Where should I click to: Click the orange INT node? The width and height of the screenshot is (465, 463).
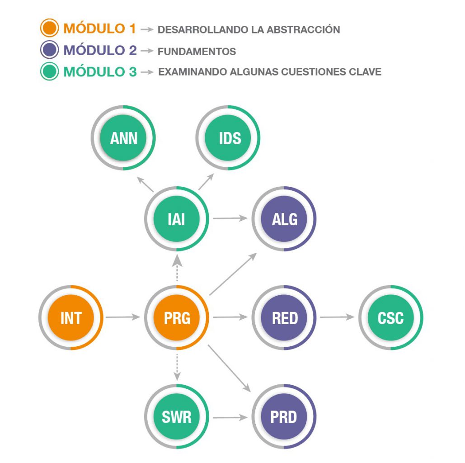pos(71,318)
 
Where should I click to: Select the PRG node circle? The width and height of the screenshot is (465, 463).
pos(177,318)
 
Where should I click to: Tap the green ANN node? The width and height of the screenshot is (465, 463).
pos(123,138)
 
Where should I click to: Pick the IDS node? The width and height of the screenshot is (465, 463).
pos(230,138)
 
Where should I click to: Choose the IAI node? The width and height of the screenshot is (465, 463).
pos(177,219)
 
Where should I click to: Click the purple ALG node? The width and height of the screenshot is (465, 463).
pos(284,219)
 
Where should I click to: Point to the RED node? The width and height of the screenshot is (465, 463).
pos(284,318)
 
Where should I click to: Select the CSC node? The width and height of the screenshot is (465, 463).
pos(391,318)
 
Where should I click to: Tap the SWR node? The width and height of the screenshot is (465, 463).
pos(177,416)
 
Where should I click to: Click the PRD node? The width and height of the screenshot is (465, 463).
pos(284,416)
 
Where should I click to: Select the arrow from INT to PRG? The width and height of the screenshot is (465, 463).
pos(123,317)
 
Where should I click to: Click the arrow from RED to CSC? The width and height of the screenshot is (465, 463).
pos(337,317)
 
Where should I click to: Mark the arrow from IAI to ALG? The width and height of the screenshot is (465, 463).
pos(230,219)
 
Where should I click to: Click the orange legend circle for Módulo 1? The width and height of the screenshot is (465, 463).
pos(49,28)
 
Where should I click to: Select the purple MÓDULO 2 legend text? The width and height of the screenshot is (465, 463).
pos(100,50)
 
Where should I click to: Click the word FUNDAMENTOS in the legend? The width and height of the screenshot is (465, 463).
pos(197,52)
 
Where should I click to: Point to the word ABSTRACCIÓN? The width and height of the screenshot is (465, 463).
pos(303,30)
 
